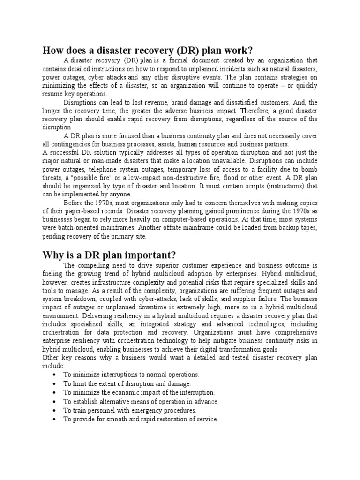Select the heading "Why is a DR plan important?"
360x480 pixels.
tap(109, 255)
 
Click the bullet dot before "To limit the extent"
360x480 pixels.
tap(55, 384)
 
